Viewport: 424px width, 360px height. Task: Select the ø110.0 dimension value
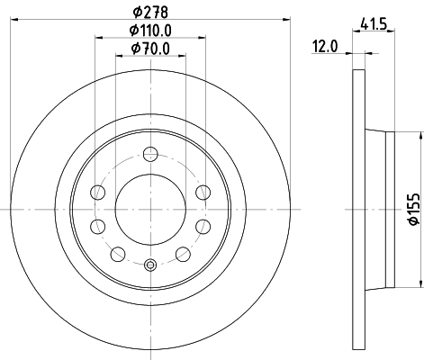(x=150, y=30)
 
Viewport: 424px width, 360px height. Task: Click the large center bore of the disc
(x=150, y=207)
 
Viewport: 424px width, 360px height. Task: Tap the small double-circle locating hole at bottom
(x=150, y=265)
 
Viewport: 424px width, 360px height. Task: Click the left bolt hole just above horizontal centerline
(x=99, y=191)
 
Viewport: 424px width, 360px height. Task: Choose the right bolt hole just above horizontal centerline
(x=202, y=191)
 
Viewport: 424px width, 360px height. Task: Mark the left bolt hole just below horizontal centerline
(x=99, y=224)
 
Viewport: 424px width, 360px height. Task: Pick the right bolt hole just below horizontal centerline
(x=202, y=224)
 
